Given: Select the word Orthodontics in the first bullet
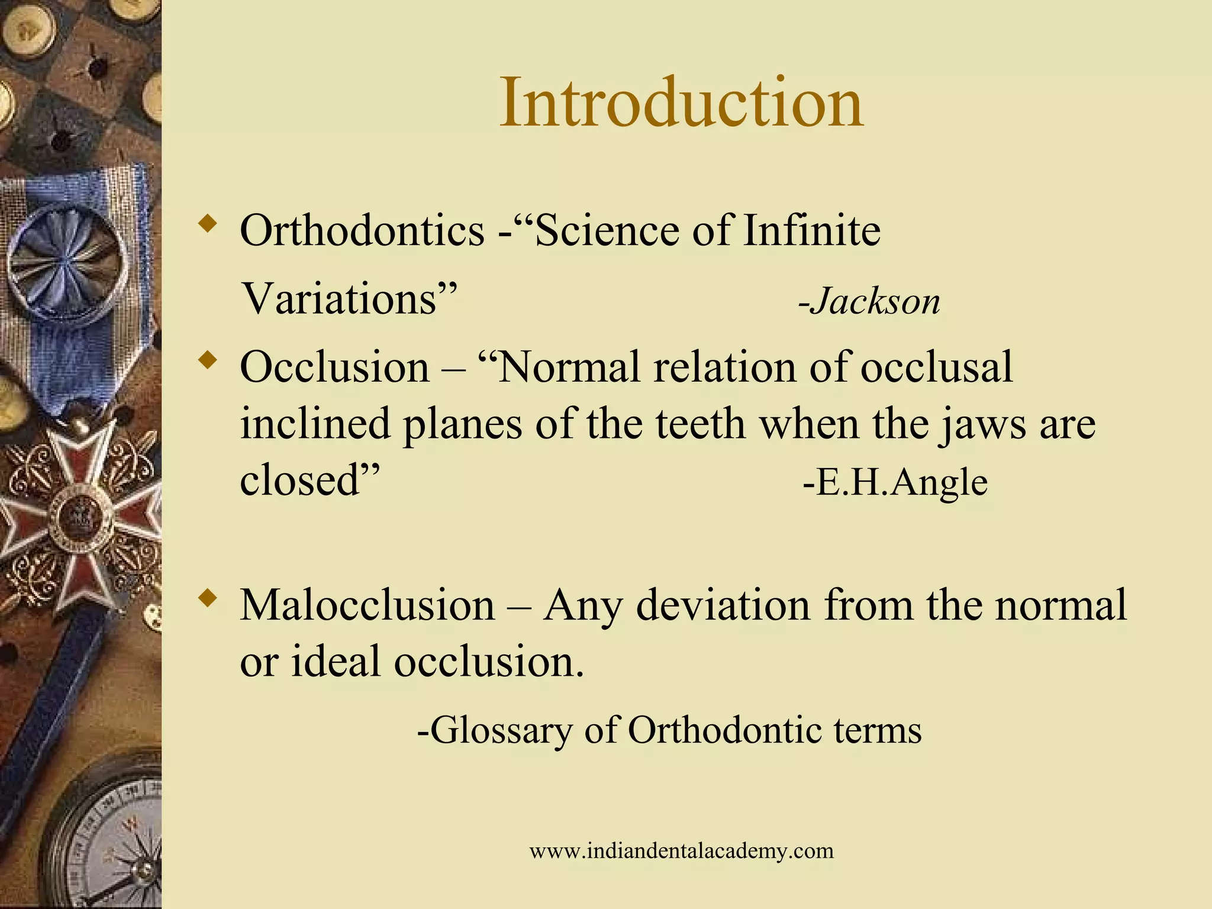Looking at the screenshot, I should pos(362,231).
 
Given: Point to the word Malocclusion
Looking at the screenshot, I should pos(368,606).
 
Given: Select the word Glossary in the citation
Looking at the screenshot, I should pos(501,731).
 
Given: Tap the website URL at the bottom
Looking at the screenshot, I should pos(681,851).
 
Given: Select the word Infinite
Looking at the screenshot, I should pos(811,231).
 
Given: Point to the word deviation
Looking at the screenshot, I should pos(723,606).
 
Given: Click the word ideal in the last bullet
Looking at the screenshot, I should pos(335,662).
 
